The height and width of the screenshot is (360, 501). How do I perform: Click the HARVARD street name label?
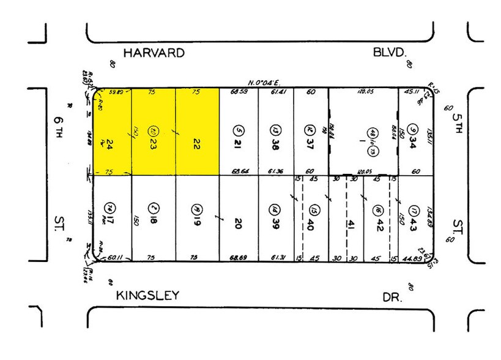click(x=154, y=53)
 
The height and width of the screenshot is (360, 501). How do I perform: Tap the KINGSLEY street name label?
click(x=147, y=296)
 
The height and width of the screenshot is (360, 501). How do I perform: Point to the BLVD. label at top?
click(x=390, y=53)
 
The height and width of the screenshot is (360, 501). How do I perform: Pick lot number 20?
click(x=239, y=223)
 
